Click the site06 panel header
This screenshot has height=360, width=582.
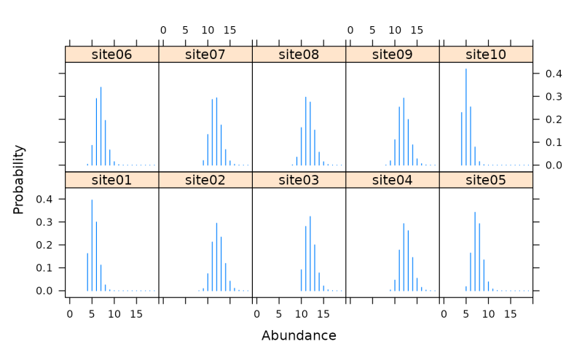coord(111,55)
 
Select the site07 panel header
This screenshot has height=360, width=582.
coord(205,55)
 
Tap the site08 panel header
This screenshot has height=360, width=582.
coord(299,55)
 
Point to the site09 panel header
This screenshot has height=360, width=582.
coord(392,55)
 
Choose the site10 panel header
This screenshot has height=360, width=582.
coord(486,55)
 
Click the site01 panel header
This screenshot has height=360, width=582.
coord(111,180)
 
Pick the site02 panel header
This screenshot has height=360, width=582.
coord(205,180)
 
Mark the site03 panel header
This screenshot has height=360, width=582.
coord(299,180)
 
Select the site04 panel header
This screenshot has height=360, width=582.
coord(392,180)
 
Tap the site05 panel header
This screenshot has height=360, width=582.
coord(486,180)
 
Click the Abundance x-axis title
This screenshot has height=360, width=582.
coord(299,336)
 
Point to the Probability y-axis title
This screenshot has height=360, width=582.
coord(20,179)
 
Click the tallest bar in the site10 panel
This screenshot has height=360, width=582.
coord(466,117)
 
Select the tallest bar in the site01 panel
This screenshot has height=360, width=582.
coord(92,244)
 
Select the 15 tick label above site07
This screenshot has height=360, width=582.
coord(229,31)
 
